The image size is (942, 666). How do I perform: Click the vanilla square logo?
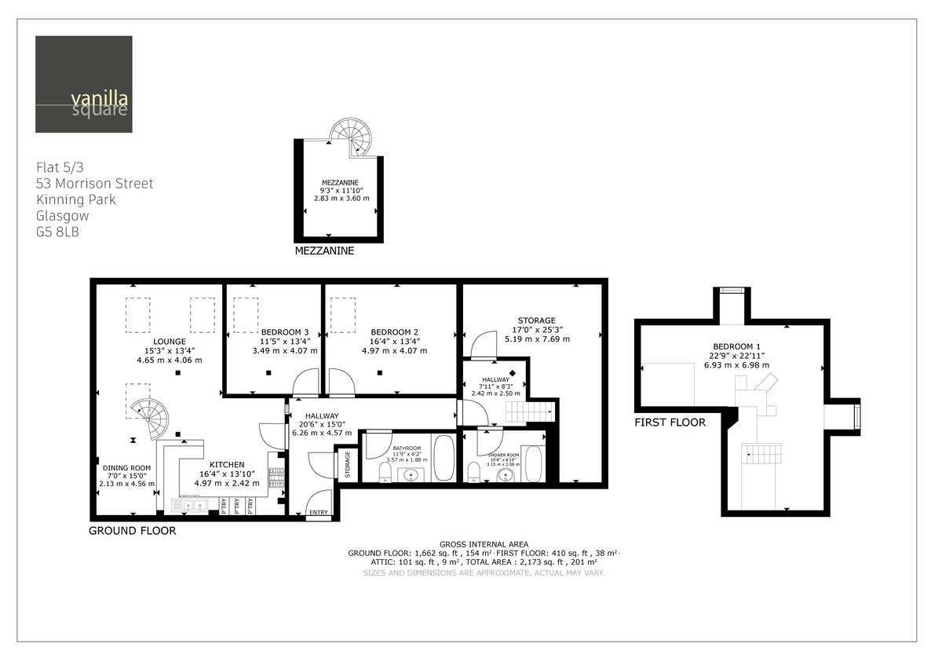(83, 84)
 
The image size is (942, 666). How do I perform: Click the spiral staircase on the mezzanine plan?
(349, 138)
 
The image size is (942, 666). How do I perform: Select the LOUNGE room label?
(170, 341)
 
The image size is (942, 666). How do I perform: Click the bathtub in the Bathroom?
(443, 459)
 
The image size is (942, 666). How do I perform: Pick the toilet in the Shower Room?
(473, 471)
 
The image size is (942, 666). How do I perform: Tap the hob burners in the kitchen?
(276, 476)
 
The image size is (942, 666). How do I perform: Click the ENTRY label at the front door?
(319, 512)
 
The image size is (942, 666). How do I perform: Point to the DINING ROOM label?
(126, 467)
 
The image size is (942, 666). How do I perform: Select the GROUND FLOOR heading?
(132, 531)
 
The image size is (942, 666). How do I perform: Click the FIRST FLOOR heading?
(670, 423)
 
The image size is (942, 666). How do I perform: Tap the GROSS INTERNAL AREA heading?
(484, 544)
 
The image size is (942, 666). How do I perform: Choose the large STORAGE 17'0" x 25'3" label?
(536, 320)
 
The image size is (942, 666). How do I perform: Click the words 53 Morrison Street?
(95, 184)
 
